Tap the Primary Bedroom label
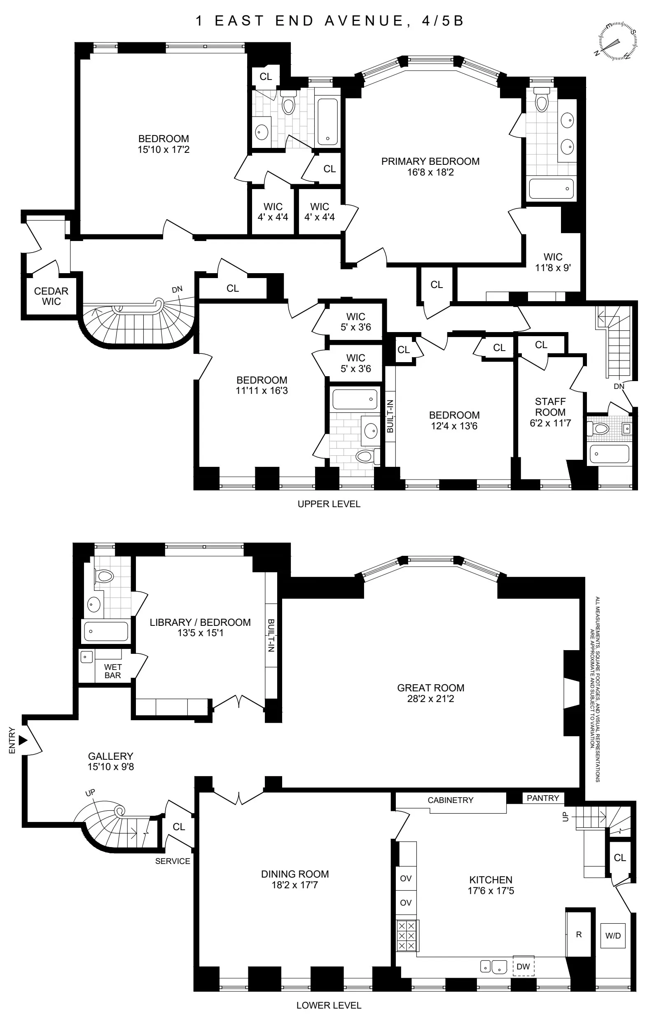430,162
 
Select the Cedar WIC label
51,296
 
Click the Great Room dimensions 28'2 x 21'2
430,699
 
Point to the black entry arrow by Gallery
23,740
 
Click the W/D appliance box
613,936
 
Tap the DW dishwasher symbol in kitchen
523,967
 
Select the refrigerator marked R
579,934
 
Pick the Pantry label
542,798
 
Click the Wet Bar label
112,671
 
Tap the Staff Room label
550,407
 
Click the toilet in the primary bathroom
542,101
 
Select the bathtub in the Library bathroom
106,631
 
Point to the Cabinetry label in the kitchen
450,800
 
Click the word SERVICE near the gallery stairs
173,861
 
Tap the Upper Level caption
329,504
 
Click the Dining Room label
295,874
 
